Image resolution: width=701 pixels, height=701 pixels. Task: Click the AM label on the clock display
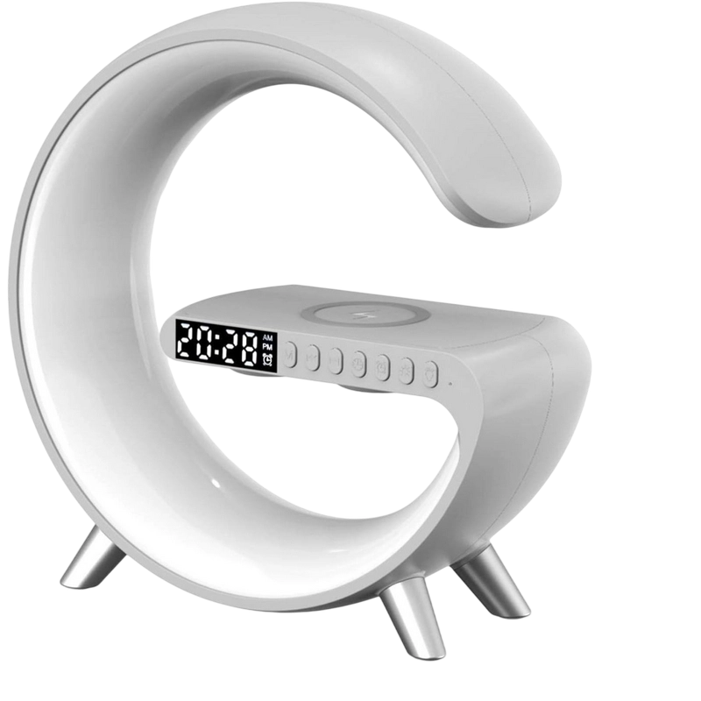point(267,338)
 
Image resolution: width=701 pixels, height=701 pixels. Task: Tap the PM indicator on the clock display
point(267,347)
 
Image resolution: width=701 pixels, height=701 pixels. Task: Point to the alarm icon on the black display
point(267,359)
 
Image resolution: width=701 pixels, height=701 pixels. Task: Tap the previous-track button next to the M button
point(313,357)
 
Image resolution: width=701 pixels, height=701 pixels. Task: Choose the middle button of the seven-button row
point(358,362)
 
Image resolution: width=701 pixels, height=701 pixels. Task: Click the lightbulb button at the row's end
point(430,372)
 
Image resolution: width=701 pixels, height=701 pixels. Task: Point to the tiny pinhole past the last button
point(450,380)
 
